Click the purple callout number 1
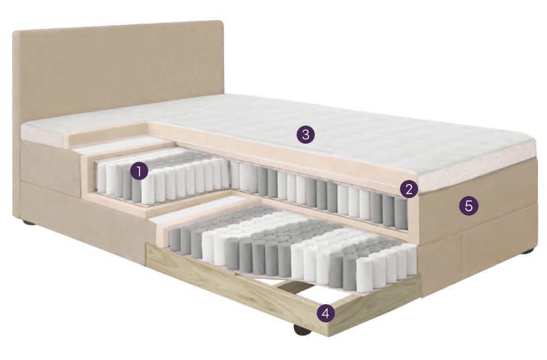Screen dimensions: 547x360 tap(139, 171)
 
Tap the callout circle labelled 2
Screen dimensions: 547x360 tap(409, 189)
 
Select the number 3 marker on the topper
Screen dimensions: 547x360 tap(305, 134)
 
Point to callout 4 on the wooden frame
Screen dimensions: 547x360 tap(326, 313)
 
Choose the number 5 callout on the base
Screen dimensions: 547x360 tap(468, 206)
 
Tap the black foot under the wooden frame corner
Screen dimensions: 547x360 tap(302, 330)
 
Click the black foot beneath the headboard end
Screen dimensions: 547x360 tap(30, 222)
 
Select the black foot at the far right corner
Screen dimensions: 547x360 tap(528, 251)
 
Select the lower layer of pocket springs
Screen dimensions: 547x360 tap(293, 248)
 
